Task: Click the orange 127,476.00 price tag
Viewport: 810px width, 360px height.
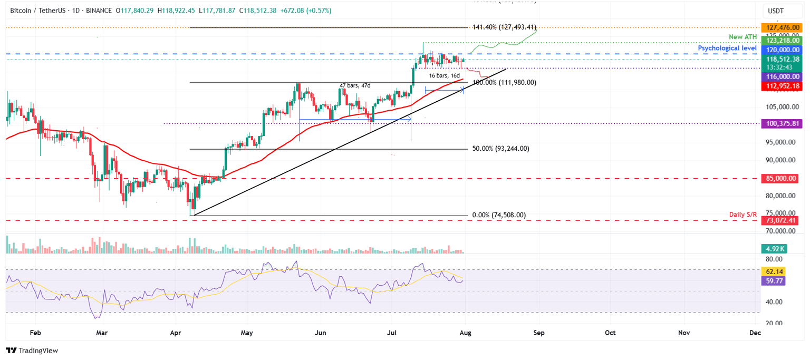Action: [x=779, y=27]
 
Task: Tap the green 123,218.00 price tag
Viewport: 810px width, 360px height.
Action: [x=779, y=40]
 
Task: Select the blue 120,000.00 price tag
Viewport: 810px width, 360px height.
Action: [x=779, y=50]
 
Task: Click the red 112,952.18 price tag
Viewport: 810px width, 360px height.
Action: [x=779, y=86]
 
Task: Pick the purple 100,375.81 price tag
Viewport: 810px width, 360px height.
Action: [x=779, y=123]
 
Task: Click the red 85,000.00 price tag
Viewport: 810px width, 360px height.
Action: [x=779, y=179]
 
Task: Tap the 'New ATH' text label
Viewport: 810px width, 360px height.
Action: [x=742, y=37]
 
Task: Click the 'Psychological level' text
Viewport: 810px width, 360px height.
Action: [x=727, y=48]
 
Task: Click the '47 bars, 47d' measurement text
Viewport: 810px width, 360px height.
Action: [x=354, y=85]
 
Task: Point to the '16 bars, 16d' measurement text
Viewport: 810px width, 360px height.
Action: [x=444, y=76]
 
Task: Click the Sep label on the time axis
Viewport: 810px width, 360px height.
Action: [x=539, y=333]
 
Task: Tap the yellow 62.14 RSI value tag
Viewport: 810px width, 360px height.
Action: [x=774, y=271]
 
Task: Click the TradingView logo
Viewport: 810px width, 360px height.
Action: [x=32, y=351]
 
